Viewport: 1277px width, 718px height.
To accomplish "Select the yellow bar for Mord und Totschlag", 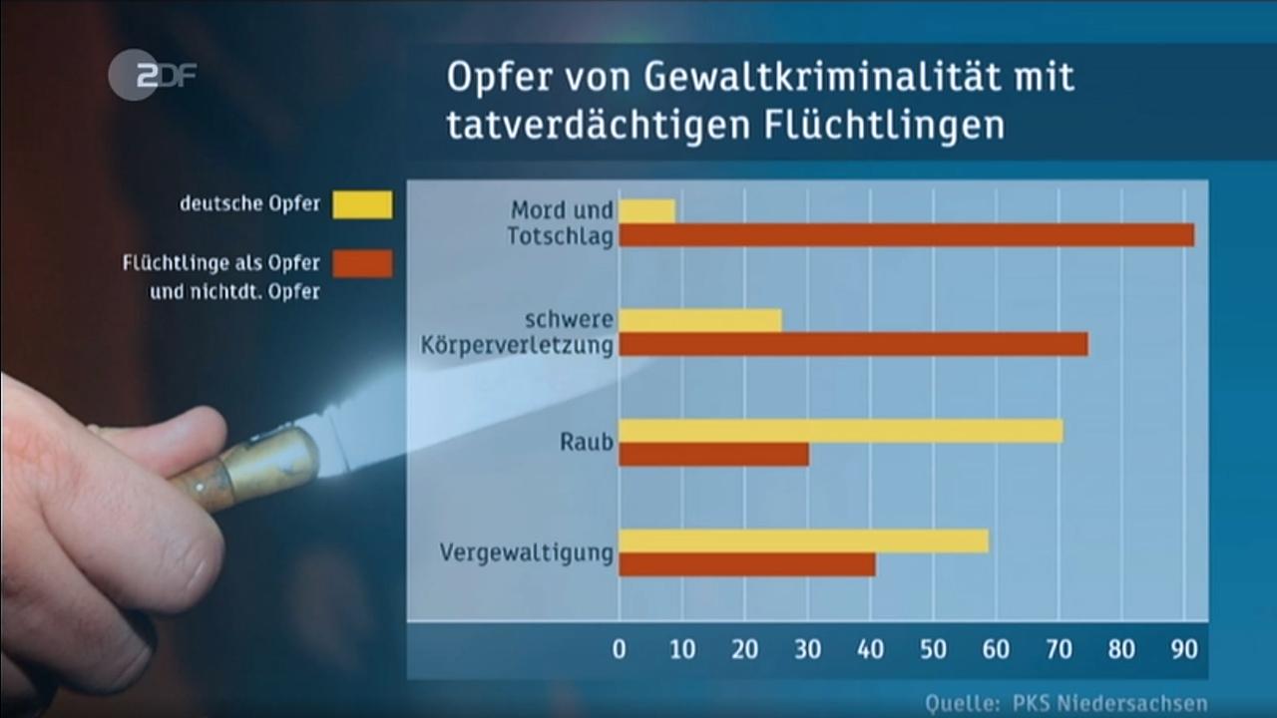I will tap(646, 210).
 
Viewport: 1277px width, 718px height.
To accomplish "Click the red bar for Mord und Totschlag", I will tap(906, 235).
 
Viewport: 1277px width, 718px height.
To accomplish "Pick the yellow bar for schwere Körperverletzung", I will tap(700, 320).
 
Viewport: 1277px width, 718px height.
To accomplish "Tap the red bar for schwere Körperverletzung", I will tap(853, 345).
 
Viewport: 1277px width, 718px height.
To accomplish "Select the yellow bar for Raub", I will tap(840, 431).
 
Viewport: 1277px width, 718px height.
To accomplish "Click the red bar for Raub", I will tap(713, 455).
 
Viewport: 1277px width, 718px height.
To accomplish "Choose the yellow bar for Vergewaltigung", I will tap(803, 540).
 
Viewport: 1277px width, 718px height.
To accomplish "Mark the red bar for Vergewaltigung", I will tap(747, 564).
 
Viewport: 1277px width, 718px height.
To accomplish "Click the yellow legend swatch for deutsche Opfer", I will tap(362, 204).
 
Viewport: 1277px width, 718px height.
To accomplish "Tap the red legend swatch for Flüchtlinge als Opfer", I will tap(362, 263).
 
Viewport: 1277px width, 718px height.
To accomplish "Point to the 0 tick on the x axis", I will tap(620, 650).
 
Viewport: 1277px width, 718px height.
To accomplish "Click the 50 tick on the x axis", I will tap(933, 650).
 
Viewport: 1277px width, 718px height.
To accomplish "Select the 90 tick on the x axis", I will tap(1184, 650).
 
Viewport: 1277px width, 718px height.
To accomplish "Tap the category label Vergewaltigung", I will tap(526, 551).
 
